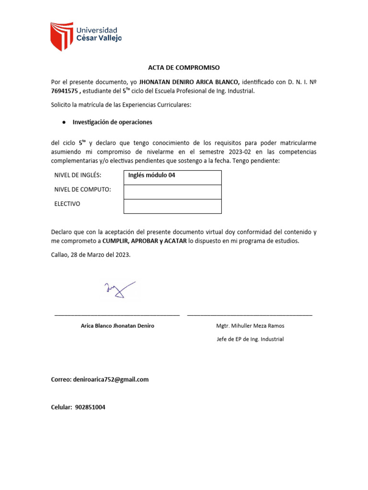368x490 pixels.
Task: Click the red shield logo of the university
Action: (62, 36)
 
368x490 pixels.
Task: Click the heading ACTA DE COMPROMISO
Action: (184, 67)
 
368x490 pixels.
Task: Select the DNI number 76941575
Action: (65, 91)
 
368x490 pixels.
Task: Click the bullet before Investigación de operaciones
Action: (63, 122)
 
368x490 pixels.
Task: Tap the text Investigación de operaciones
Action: (112, 122)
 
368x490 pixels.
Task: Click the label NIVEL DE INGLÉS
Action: (78, 176)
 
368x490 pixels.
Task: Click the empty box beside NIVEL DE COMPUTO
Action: (172, 192)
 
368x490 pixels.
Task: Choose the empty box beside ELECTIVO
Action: (172, 206)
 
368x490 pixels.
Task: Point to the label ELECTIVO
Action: (67, 204)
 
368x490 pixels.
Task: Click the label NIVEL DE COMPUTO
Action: (82, 189)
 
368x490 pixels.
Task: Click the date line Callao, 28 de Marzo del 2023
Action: (91, 255)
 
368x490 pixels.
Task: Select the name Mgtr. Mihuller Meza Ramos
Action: (250, 326)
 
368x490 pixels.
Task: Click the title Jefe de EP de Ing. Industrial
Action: (250, 339)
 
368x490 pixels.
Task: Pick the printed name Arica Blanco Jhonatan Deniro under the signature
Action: (118, 326)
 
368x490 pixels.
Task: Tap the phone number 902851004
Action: (90, 407)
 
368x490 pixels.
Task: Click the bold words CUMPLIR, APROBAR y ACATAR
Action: (144, 241)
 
